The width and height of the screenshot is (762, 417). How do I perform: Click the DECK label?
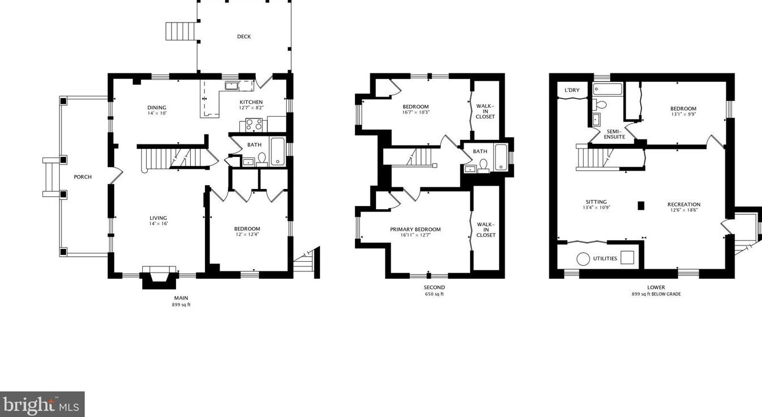pos(244,37)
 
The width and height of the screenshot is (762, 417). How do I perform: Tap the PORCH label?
pos(82,177)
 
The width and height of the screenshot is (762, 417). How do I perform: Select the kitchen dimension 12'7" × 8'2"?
pos(251,108)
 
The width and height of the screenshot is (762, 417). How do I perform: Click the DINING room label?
pos(157,107)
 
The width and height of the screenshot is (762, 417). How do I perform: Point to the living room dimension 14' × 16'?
pos(158,224)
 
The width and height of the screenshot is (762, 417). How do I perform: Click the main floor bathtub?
pos(278,151)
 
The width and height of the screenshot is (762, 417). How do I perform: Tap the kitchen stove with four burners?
pos(254,124)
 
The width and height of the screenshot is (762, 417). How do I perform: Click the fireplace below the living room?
pos(159,276)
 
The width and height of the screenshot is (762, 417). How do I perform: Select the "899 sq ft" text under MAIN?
pos(181,305)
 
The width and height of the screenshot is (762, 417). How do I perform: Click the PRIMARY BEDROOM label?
pos(415,229)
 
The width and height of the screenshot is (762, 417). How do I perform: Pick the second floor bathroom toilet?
pos(483,165)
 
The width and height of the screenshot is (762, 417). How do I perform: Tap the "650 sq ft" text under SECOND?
pos(434,294)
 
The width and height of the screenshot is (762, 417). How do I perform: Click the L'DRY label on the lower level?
pos(572,90)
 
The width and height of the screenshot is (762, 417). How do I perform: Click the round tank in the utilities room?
pos(583,258)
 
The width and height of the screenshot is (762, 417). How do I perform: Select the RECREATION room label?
pos(684,204)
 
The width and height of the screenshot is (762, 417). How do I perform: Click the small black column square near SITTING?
pos(640,206)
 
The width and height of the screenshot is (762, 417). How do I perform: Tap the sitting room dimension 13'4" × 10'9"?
pos(597,208)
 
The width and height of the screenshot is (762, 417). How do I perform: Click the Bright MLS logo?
pos(42,405)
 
